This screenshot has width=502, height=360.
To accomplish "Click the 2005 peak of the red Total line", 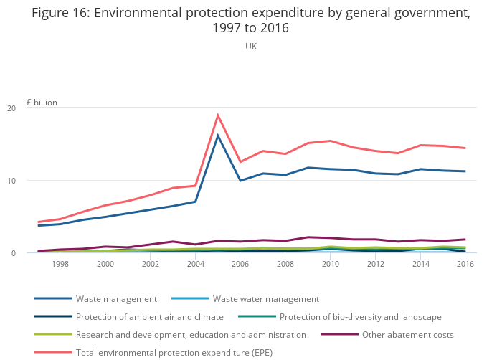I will click(218, 115).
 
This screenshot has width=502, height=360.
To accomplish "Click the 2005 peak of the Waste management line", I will click(218, 136).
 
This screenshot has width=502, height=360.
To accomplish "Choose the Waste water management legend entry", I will click(265, 299).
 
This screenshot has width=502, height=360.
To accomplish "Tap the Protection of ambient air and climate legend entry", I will click(149, 317).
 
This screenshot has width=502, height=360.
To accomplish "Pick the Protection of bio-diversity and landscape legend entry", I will click(360, 317).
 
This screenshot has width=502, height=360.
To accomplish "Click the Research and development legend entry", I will click(191, 335).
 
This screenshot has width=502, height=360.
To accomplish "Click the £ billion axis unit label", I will click(42, 103).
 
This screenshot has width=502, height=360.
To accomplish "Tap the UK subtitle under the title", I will click(251, 47).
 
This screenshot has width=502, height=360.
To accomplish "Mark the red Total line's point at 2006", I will click(240, 162).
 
